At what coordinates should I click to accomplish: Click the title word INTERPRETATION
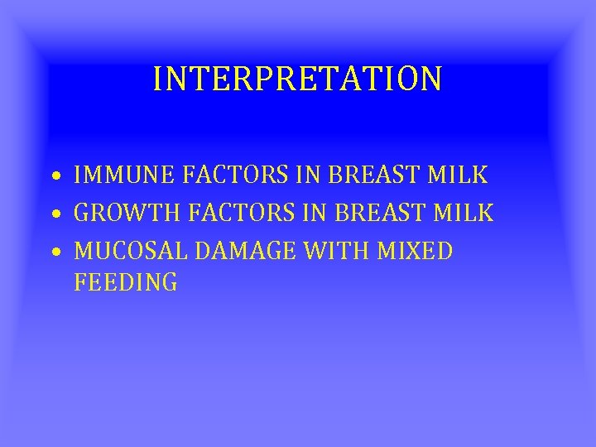[297, 79]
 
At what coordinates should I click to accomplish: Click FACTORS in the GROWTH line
[241, 213]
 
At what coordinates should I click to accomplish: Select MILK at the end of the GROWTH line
[466, 213]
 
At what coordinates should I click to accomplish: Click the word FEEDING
[126, 282]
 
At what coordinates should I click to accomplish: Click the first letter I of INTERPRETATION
[158, 79]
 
